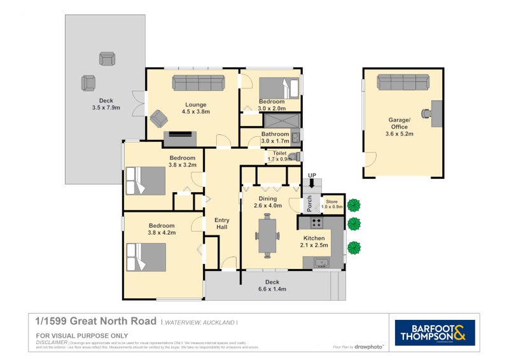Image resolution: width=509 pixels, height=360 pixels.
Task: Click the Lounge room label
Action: [x=195, y=104]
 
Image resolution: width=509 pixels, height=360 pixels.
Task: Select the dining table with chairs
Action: [x=267, y=236]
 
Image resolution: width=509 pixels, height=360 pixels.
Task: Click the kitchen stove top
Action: [x=316, y=223]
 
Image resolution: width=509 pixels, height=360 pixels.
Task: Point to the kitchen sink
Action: [x=321, y=263]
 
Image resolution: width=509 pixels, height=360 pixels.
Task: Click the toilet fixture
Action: [x=293, y=156]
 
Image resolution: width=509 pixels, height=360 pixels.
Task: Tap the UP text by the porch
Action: [x=312, y=175]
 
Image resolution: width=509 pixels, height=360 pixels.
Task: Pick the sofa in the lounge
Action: [x=198, y=83]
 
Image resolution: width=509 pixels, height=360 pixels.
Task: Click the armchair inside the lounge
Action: [x=158, y=119]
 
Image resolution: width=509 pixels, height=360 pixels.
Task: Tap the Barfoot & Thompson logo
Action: [x=435, y=332]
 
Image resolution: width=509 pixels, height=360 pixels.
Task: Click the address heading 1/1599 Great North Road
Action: [x=95, y=322]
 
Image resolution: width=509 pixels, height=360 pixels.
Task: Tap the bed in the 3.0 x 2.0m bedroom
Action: [x=279, y=87]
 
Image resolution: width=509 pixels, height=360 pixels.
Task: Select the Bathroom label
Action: [x=275, y=134]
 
